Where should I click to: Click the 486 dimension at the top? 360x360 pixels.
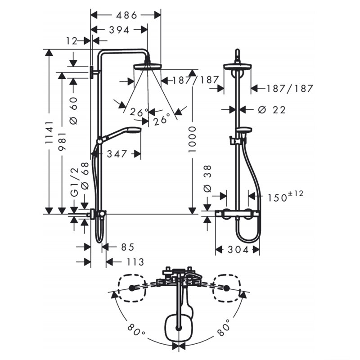point(126,15)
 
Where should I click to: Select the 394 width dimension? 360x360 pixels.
point(119,30)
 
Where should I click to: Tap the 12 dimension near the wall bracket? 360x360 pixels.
point(72,41)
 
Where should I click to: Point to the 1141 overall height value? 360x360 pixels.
point(49,132)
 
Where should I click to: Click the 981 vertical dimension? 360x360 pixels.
point(62,141)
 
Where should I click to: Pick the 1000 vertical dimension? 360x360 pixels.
point(192,139)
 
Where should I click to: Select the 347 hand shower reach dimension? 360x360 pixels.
point(117,154)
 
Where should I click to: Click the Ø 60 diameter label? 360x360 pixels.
point(74,111)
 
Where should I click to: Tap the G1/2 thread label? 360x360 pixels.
point(74,183)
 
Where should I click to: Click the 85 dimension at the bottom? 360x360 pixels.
point(128,247)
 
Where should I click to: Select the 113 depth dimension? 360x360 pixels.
point(135,262)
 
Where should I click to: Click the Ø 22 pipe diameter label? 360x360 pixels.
point(272,110)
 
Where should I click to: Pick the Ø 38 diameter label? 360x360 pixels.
point(207,179)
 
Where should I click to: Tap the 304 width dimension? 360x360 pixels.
point(238,250)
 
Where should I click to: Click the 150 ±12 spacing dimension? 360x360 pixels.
point(286,196)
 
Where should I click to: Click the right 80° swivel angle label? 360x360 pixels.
point(223,328)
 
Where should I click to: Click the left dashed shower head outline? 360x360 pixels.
point(132,288)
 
